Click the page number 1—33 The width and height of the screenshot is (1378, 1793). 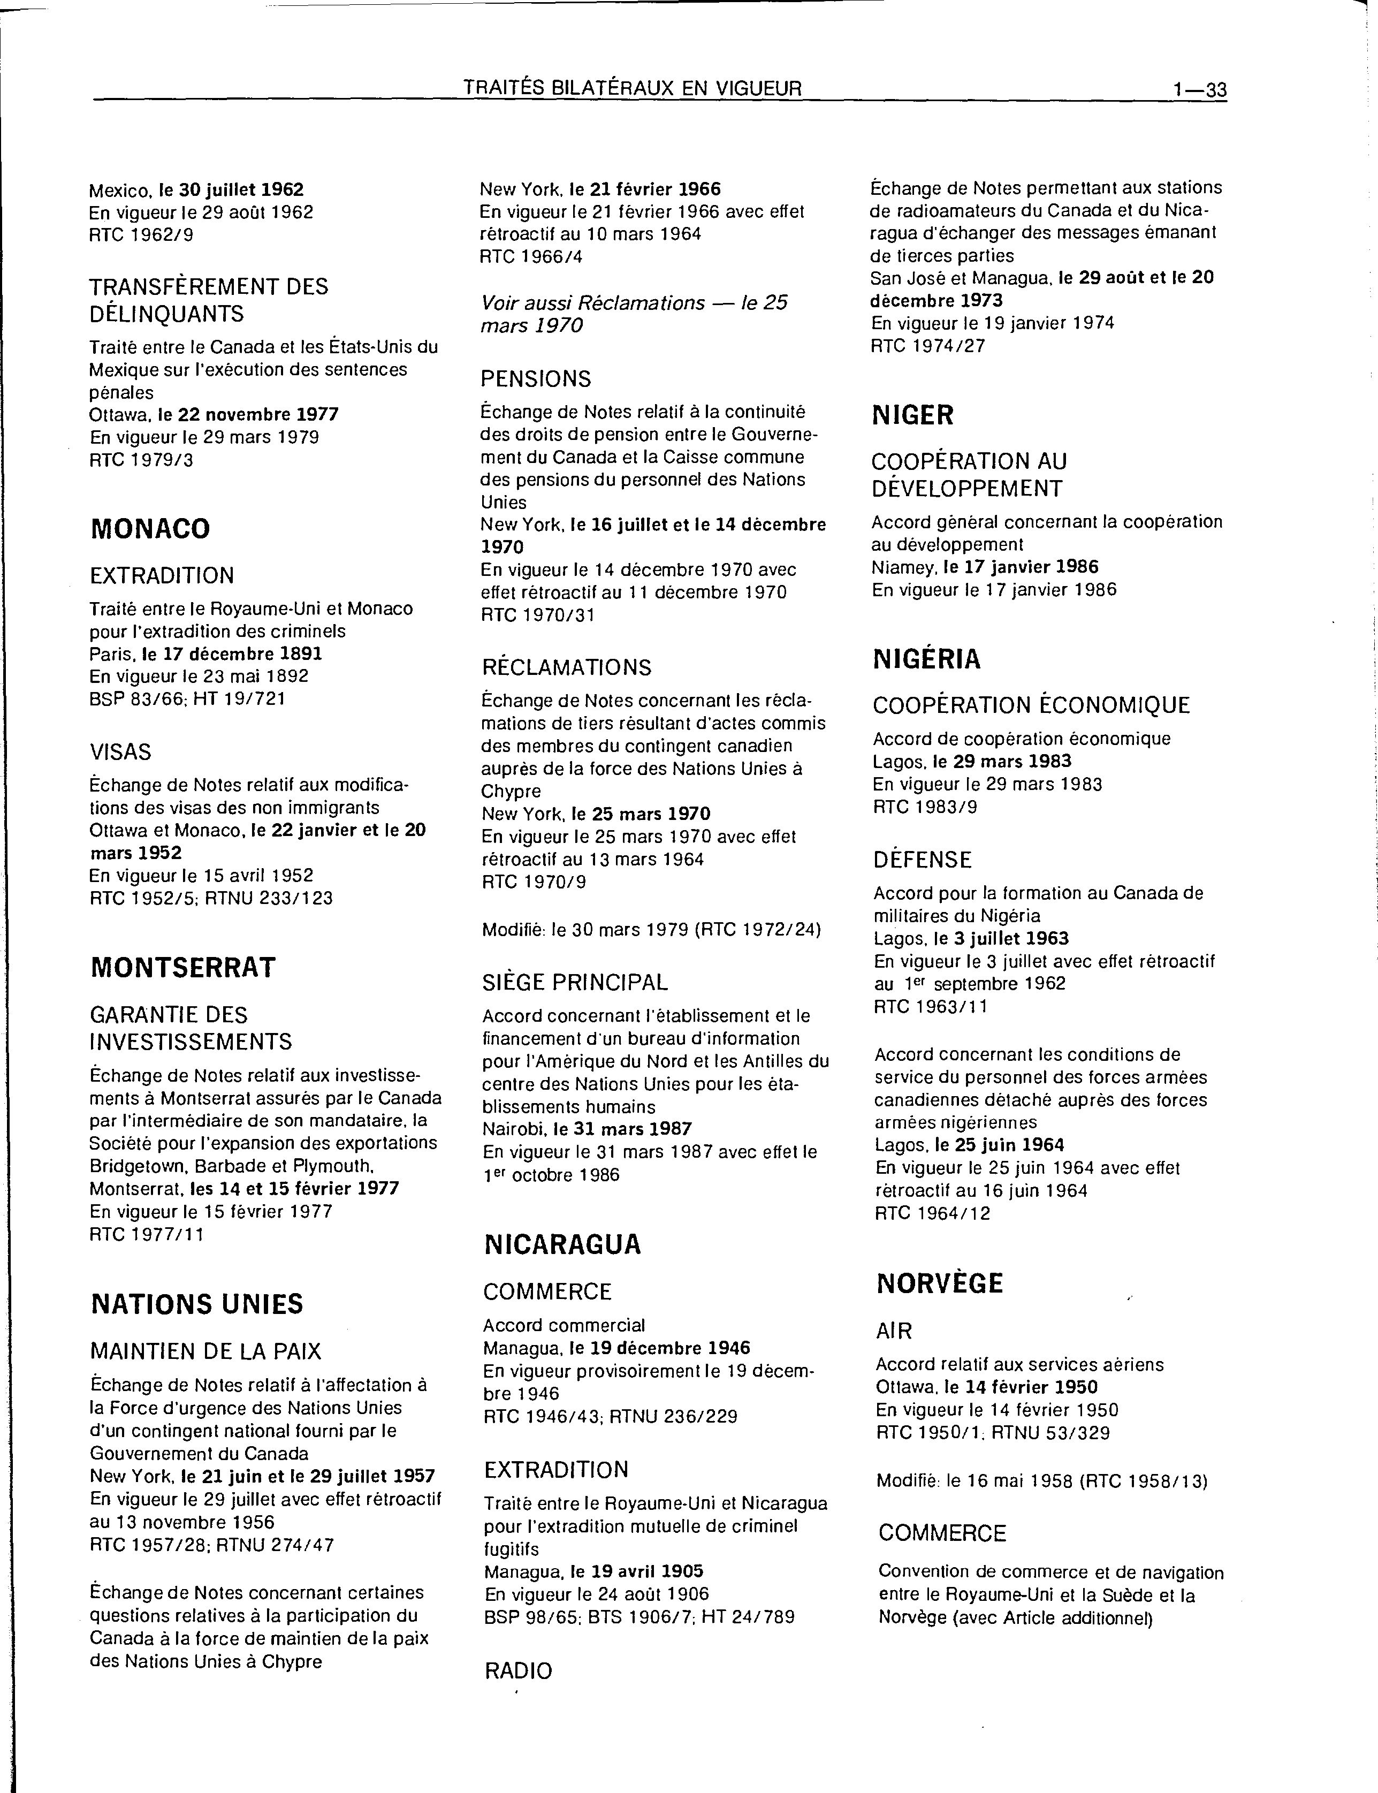click(x=1199, y=89)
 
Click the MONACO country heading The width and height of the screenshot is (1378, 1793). click(x=150, y=529)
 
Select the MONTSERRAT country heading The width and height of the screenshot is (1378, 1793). click(x=183, y=968)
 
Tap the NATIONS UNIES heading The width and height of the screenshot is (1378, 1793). click(x=197, y=1304)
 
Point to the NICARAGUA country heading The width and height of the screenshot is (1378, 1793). click(x=562, y=1244)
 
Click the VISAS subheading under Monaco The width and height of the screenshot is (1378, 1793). click(x=120, y=751)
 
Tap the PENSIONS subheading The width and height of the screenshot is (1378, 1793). click(x=536, y=379)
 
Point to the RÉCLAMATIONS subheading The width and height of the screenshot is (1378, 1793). click(x=567, y=667)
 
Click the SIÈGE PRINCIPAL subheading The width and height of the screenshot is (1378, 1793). click(x=575, y=982)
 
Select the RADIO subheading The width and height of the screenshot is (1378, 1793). click(x=519, y=1671)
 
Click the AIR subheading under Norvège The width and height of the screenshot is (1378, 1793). click(x=894, y=1331)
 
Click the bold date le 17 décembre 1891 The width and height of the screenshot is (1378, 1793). click(x=232, y=654)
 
